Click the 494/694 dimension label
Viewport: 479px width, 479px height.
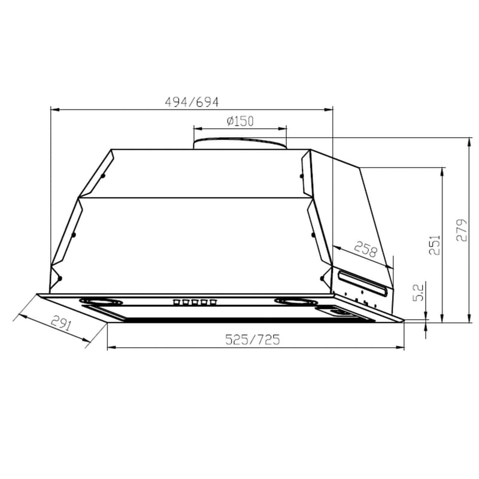192,102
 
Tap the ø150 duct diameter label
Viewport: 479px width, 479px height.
240,122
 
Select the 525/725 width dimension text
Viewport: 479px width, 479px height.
252,339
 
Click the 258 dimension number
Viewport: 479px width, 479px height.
366,249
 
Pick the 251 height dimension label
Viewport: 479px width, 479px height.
435,245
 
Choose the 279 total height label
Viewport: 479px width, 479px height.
461,230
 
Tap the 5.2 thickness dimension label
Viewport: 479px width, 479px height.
418,292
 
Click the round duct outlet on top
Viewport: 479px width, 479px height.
240,143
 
